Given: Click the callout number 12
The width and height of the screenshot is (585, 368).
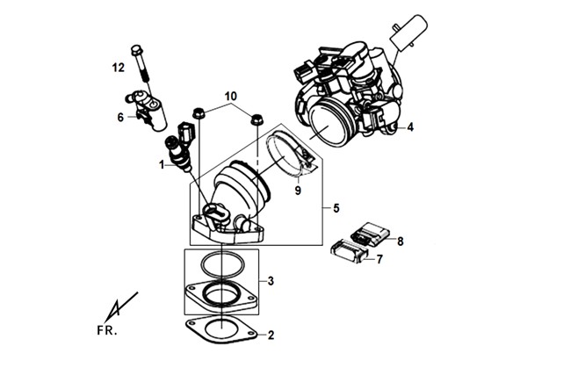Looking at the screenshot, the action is pyautogui.click(x=119, y=68).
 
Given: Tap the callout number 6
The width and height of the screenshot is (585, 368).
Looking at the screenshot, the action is pyautogui.click(x=120, y=117).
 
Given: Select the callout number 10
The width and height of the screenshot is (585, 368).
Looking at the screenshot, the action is pyautogui.click(x=230, y=97).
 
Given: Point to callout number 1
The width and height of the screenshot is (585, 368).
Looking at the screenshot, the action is pyautogui.click(x=162, y=164).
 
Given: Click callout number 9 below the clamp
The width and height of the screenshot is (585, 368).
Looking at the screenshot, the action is pyautogui.click(x=298, y=191).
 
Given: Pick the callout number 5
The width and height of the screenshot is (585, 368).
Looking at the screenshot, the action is pyautogui.click(x=336, y=208).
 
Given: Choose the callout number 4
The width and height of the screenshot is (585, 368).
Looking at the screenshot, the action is pyautogui.click(x=410, y=127).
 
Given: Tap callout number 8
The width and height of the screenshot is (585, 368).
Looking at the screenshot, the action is pyautogui.click(x=401, y=242).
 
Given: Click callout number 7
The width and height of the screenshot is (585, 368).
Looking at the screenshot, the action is pyautogui.click(x=379, y=259).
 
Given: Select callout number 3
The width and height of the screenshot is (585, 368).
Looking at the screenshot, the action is pyautogui.click(x=271, y=280).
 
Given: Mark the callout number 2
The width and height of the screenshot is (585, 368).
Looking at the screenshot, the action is pyautogui.click(x=271, y=336).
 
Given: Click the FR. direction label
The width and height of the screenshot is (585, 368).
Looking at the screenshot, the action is pyautogui.click(x=107, y=331).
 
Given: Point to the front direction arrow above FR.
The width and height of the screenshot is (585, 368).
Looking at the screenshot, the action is pyautogui.click(x=121, y=307).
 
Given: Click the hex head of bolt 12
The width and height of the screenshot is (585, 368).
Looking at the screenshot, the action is pyautogui.click(x=136, y=49).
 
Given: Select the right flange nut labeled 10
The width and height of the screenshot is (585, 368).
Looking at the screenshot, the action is pyautogui.click(x=256, y=119).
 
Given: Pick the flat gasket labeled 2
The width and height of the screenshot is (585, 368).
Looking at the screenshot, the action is pyautogui.click(x=221, y=330).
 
